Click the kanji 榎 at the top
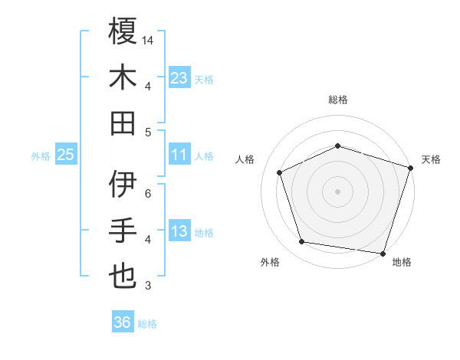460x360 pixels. (x=123, y=32)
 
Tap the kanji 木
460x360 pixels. (x=123, y=77)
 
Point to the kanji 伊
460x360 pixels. (x=123, y=185)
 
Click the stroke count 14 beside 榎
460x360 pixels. (x=149, y=40)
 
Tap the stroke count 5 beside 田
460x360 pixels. (x=147, y=131)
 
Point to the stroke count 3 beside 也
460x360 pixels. (x=147, y=286)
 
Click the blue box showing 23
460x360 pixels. (x=179, y=77)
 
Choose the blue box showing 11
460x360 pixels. (x=179, y=155)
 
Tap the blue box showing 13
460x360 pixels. (x=179, y=231)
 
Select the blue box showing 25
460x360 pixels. (x=65, y=155)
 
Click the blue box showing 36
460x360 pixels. (x=123, y=322)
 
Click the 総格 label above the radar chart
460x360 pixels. (x=338, y=100)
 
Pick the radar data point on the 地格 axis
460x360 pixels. (x=383, y=253)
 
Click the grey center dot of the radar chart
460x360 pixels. (x=338, y=191)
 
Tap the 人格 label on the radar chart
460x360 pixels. (x=246, y=159)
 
